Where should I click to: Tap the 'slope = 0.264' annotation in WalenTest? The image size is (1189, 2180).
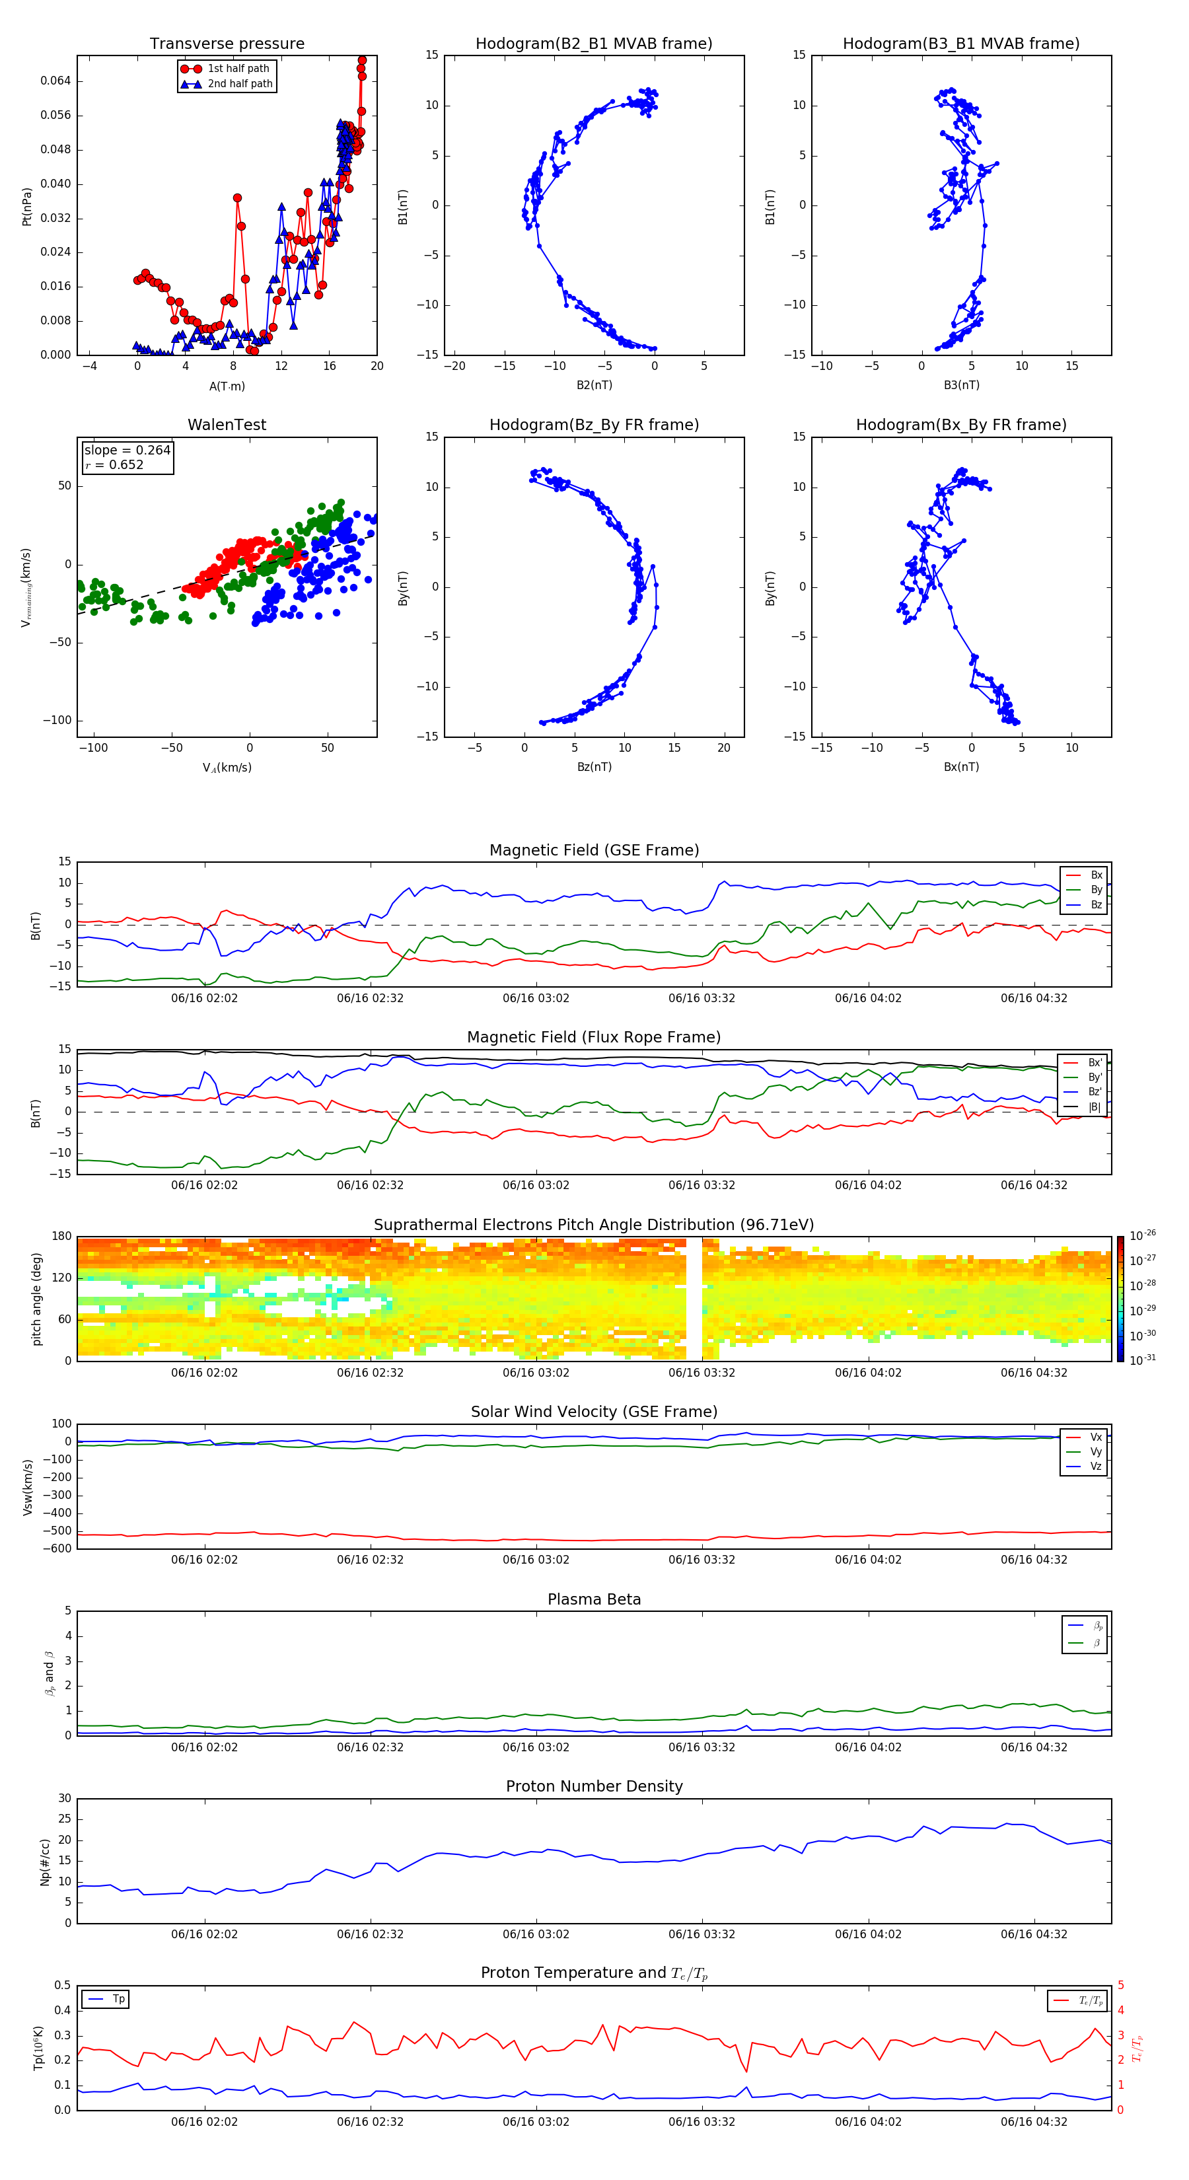point(127,451)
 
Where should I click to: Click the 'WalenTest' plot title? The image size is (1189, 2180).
point(227,425)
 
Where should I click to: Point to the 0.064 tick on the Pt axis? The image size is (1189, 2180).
point(56,81)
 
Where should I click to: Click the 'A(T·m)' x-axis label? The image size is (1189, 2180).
point(227,386)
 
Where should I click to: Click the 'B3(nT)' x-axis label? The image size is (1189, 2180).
point(961,385)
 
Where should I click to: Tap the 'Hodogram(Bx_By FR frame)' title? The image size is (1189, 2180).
point(960,425)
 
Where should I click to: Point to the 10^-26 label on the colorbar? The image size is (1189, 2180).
point(1143,1235)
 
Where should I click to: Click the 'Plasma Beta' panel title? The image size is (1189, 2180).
point(594,1599)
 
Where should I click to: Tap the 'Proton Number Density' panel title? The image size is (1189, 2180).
point(594,1786)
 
